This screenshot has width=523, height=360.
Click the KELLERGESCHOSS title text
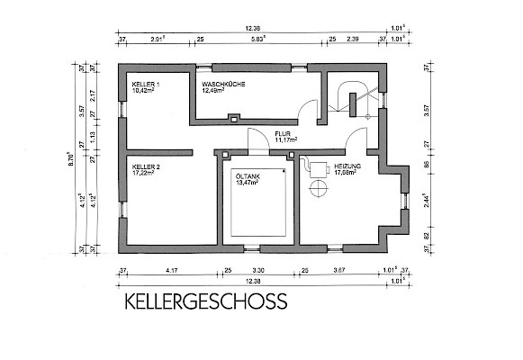click(x=199, y=300)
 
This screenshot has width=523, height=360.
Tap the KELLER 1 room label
click(x=146, y=85)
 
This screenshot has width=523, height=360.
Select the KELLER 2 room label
click(x=146, y=168)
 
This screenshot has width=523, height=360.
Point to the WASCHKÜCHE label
click(x=223, y=85)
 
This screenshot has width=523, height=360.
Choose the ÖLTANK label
click(x=248, y=177)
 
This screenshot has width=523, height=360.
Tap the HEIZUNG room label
click(x=347, y=167)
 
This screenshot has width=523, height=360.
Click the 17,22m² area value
click(x=145, y=175)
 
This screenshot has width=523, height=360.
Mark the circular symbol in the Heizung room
click(x=317, y=188)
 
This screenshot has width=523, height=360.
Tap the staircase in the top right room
click(x=350, y=98)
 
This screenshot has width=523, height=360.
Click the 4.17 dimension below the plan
click(x=171, y=269)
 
